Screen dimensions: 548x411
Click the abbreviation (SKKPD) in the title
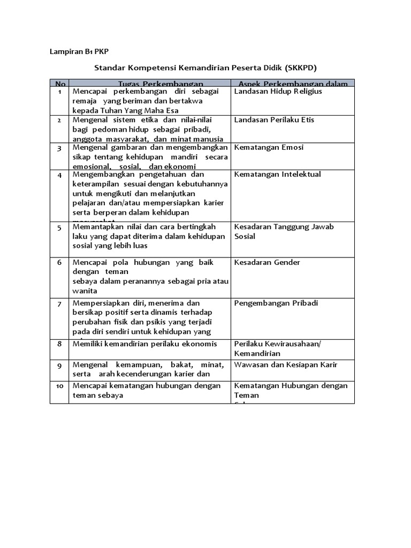(301, 68)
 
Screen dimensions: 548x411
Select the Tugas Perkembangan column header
(161, 84)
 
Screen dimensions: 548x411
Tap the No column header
(59, 84)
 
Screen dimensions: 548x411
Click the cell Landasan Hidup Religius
(278, 92)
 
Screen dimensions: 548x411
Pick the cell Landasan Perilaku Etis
(274, 119)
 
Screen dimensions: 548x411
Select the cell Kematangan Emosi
(269, 147)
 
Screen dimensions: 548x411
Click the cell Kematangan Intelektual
(277, 174)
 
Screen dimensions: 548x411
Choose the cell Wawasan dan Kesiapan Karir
(286, 364)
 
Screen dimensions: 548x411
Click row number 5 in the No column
(59, 227)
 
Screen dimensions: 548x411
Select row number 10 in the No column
(59, 386)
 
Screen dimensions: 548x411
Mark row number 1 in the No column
(59, 92)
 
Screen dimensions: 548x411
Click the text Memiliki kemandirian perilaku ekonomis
(144, 344)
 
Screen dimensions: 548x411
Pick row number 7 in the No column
(59, 303)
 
